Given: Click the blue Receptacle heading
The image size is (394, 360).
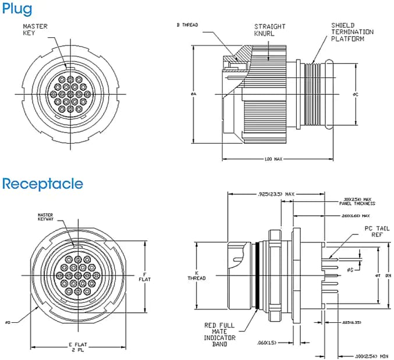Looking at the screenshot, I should (x=42, y=184).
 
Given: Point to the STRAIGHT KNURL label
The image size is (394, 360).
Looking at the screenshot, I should (x=269, y=30).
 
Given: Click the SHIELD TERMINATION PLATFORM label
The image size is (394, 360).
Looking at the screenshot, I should (x=352, y=32).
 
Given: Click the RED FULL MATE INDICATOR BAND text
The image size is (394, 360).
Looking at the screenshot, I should (x=219, y=335).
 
